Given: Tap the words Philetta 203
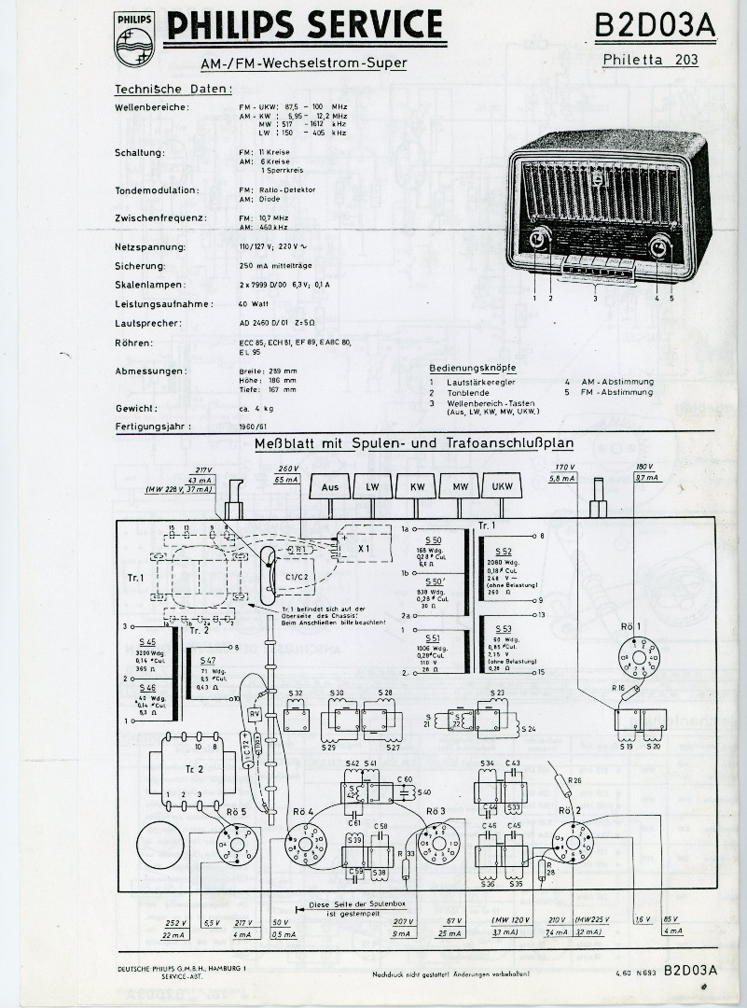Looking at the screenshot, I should click(x=650, y=61).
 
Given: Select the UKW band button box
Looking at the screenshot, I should click(x=502, y=487).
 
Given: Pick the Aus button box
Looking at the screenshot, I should click(x=330, y=487).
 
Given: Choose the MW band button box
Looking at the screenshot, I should click(x=459, y=487).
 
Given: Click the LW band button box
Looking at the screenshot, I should click(x=373, y=487).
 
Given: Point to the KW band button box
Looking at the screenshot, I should click(x=416, y=487).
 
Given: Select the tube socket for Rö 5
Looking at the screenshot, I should click(x=230, y=847).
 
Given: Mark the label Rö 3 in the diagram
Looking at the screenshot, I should click(x=436, y=810).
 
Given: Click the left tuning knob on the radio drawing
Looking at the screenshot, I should click(x=538, y=242).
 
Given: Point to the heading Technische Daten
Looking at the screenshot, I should click(x=173, y=90).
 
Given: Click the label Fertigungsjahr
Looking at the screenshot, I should click(x=154, y=427).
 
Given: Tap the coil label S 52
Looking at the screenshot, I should click(x=504, y=552).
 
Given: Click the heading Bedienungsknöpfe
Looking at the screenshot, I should click(x=473, y=368).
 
